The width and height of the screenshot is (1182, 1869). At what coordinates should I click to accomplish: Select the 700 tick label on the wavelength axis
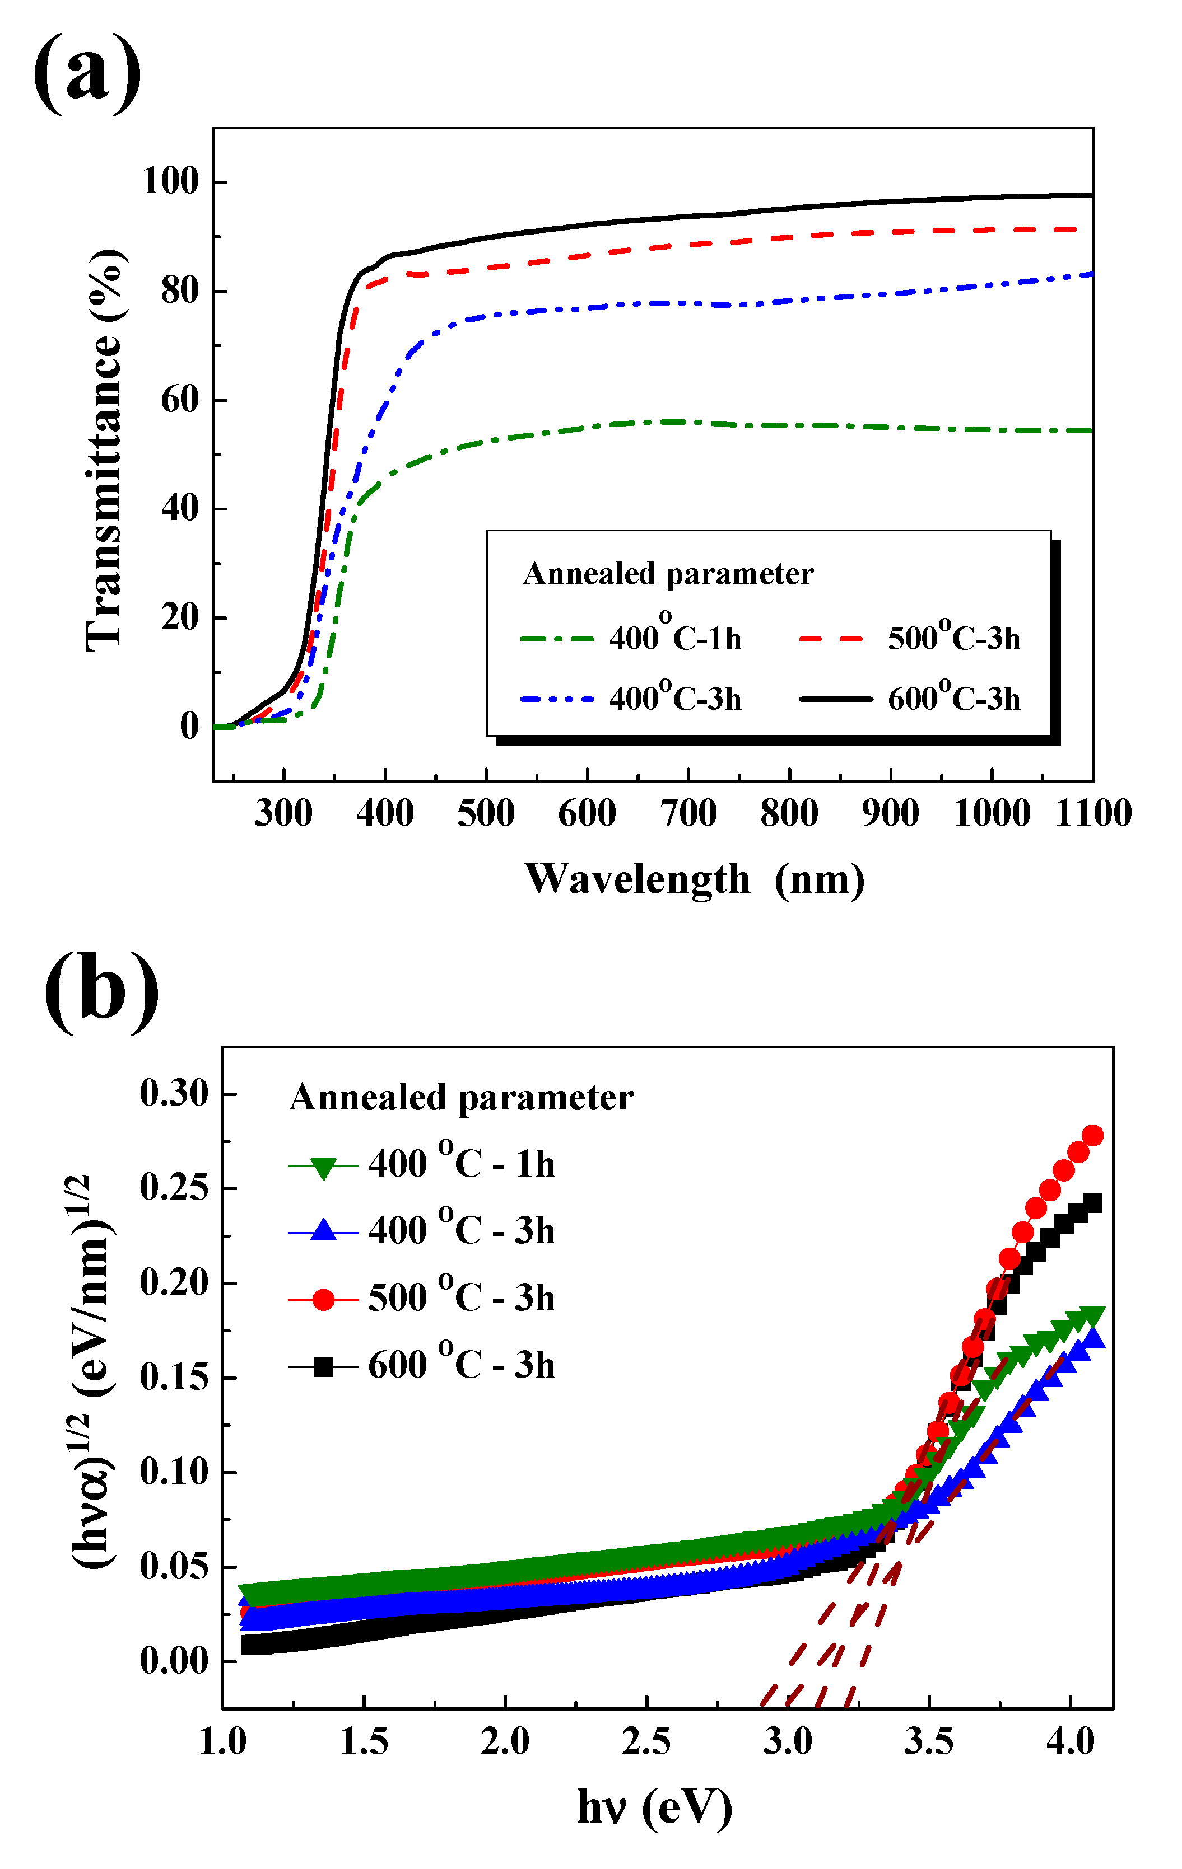688,813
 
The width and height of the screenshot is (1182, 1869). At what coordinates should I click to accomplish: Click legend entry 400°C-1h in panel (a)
674,638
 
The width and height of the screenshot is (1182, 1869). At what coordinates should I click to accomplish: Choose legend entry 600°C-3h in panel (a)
953,699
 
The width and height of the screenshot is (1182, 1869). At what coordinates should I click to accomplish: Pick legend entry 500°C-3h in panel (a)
953,638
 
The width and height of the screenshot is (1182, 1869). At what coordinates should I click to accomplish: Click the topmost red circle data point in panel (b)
1092,1136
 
